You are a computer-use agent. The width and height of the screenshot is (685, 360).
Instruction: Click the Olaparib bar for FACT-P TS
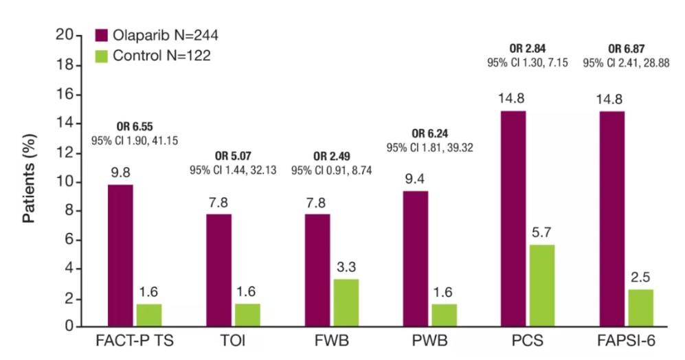(x=121, y=256)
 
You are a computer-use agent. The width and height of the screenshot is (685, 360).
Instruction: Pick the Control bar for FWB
(x=345, y=302)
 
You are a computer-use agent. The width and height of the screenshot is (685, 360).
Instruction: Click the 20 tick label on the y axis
(x=65, y=36)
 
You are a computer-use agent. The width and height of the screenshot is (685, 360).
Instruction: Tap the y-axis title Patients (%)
(x=30, y=183)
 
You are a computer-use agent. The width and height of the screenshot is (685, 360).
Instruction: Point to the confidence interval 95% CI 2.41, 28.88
(x=626, y=63)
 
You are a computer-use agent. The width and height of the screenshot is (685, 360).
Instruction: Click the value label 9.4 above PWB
(x=414, y=179)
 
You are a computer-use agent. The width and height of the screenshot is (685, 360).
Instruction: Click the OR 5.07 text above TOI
(x=234, y=157)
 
